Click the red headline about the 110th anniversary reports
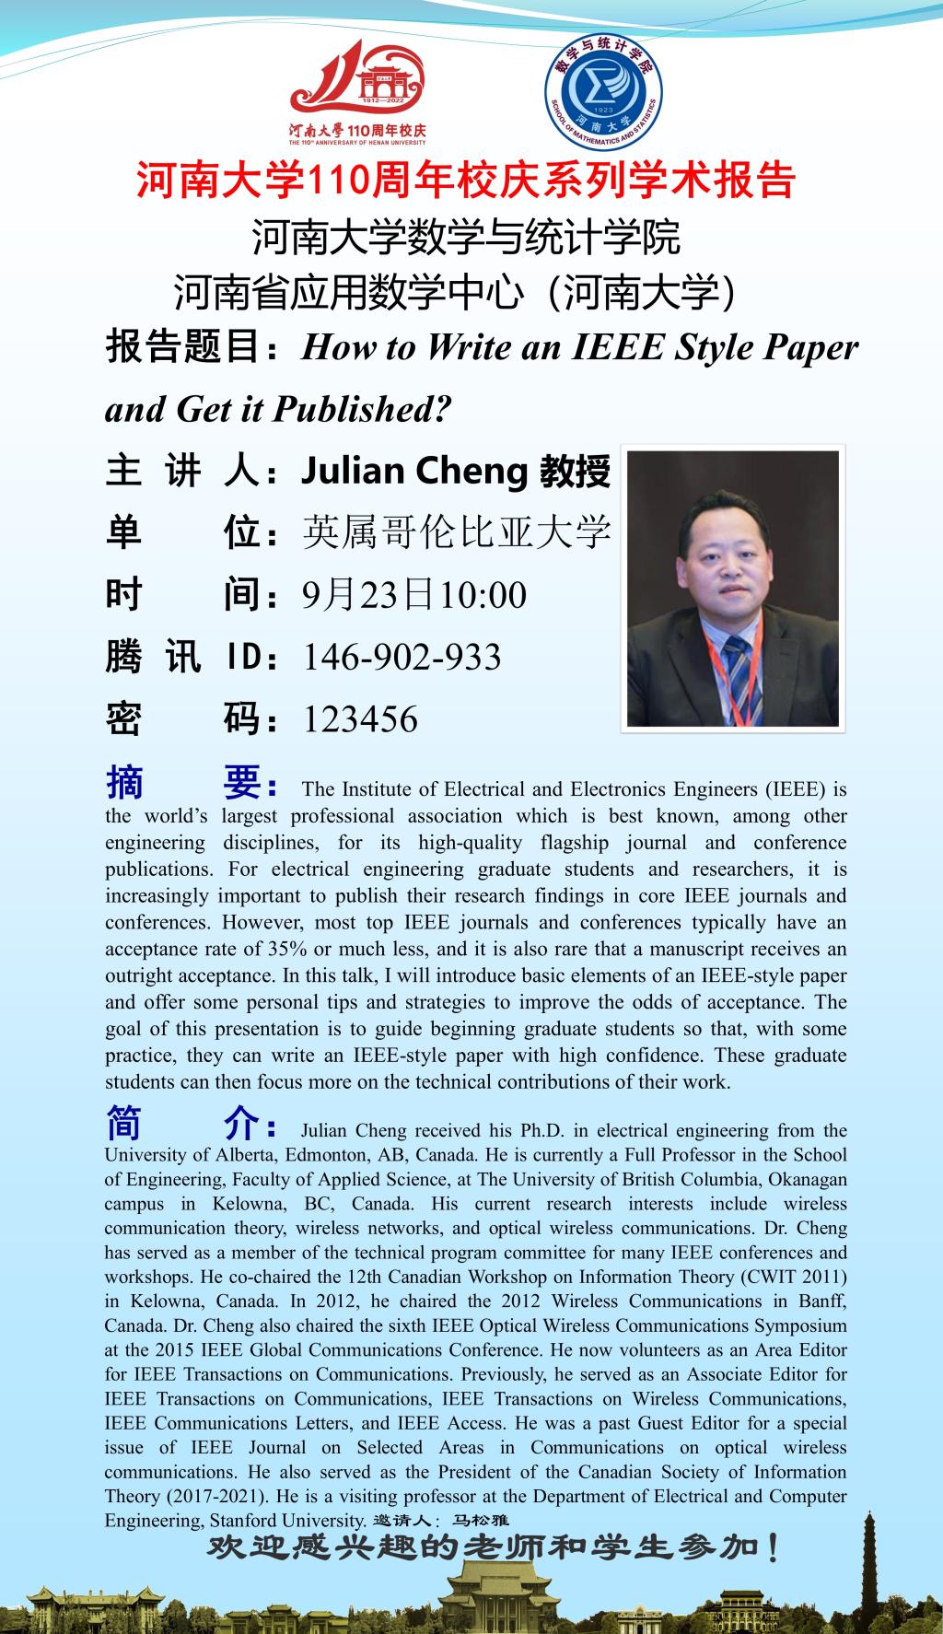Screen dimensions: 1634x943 465,181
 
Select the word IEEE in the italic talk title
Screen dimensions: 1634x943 619,347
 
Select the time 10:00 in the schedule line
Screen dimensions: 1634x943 483,595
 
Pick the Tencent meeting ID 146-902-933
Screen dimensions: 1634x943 402,657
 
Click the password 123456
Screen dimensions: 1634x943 360,719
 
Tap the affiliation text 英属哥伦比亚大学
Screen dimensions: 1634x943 457,532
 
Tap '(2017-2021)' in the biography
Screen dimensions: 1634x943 203,1496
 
